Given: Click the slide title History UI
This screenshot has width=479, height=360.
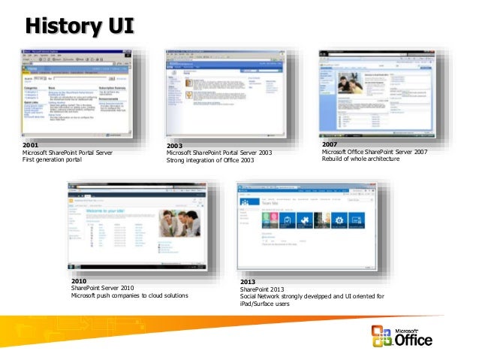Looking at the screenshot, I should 80,27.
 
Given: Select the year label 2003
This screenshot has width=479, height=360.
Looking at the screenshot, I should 175,145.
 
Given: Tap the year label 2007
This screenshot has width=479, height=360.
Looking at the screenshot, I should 330,144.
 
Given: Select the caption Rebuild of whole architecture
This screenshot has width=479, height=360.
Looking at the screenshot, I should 360,159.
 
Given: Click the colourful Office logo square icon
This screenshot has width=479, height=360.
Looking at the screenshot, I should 381,336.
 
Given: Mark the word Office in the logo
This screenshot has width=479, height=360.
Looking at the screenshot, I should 414,340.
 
